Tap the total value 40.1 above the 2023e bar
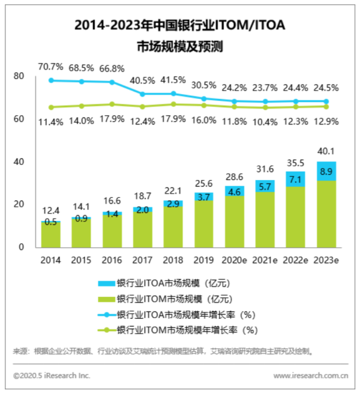point(326,151)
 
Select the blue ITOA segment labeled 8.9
point(326,172)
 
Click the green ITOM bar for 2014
point(51,235)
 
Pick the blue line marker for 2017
point(142,94)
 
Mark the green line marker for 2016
point(112,104)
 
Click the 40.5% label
point(142,80)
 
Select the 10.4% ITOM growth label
point(265,122)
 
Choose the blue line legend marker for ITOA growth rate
point(107,314)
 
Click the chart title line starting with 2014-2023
point(179,25)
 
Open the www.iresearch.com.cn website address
point(311,376)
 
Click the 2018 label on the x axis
point(172,259)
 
